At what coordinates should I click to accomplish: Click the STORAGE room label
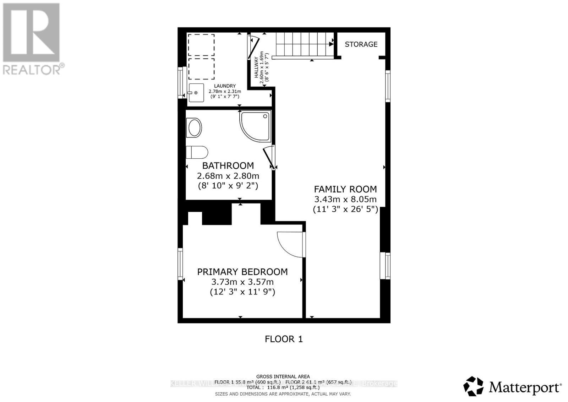[361, 44]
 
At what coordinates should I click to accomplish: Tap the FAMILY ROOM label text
[345, 189]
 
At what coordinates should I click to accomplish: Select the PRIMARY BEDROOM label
[242, 272]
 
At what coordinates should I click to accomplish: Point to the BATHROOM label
[228, 165]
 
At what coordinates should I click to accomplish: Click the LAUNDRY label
[225, 86]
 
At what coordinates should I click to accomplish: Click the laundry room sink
[196, 93]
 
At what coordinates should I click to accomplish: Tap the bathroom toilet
[197, 152]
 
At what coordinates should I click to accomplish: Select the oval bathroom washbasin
[194, 128]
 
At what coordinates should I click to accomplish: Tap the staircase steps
[304, 44]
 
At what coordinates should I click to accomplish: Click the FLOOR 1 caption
[284, 339]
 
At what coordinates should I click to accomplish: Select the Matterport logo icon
[473, 386]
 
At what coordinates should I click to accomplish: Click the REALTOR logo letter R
[31, 32]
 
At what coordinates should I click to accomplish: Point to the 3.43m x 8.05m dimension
[345, 200]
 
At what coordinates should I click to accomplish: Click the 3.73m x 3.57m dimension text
[242, 282]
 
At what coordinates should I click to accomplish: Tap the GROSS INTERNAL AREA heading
[283, 376]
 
